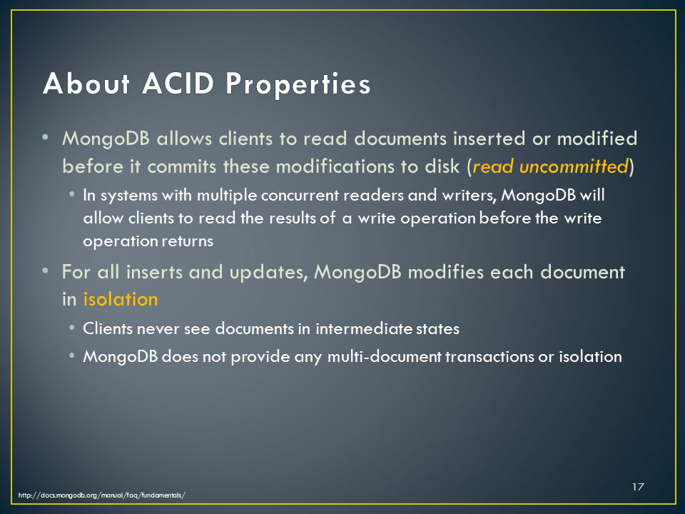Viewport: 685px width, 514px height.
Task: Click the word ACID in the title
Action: (178, 83)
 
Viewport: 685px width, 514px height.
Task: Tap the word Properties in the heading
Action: (298, 85)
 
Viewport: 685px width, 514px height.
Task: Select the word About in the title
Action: (86, 83)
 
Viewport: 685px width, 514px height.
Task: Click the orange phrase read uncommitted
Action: (550, 166)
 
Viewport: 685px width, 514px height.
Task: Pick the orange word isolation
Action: (121, 299)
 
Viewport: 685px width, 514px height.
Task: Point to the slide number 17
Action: (638, 487)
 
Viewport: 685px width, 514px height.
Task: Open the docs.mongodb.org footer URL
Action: (102, 495)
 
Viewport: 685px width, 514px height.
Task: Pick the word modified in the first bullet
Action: (597, 138)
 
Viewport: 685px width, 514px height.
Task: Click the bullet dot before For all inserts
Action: (46, 271)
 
